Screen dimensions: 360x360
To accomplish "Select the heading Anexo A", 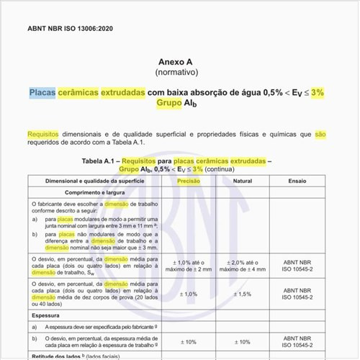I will coord(180,63).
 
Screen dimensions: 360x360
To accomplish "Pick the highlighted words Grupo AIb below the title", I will coord(179,104).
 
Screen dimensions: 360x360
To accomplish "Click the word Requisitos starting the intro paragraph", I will coord(43,134).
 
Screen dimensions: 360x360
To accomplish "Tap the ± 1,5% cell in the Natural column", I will coord(243,294).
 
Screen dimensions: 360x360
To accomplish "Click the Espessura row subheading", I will coord(48,315).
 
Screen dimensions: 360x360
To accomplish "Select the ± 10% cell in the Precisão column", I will coord(189,341).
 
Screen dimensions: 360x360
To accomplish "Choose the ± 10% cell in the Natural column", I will coord(243,341).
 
